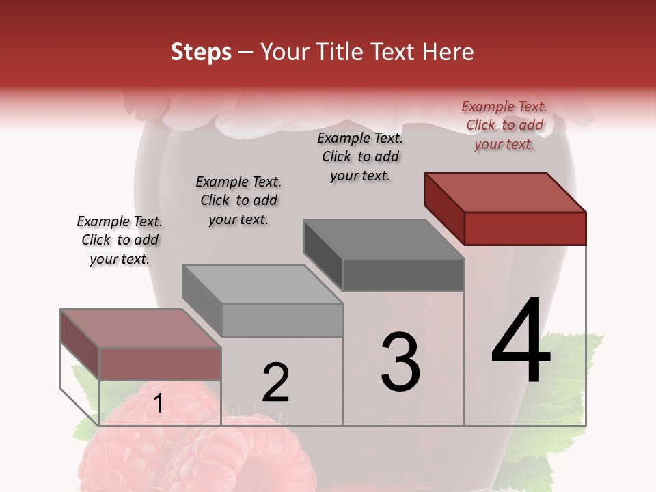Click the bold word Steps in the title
(201, 52)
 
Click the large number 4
(521, 342)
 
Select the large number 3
(400, 362)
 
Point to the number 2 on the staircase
(276, 383)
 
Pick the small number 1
(158, 404)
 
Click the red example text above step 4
(504, 125)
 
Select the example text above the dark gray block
(360, 156)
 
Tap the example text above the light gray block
(238, 200)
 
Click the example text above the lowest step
(120, 240)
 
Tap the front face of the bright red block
(525, 228)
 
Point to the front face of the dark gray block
(403, 275)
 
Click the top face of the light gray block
(262, 284)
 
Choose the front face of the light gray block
(282, 320)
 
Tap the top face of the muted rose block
(141, 328)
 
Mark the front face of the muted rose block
(160, 364)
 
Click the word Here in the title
(448, 52)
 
